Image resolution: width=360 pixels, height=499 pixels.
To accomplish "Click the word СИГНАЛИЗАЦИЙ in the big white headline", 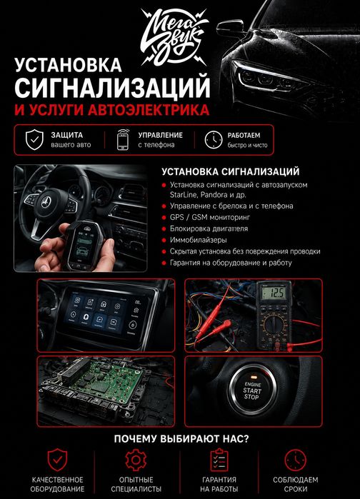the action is click(112, 86).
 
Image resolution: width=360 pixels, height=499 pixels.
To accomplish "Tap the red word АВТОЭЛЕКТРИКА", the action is click(149, 110).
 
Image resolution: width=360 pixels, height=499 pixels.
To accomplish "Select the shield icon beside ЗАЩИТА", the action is click(34, 140).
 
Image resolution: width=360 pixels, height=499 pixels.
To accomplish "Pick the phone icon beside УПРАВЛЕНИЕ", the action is click(123, 139).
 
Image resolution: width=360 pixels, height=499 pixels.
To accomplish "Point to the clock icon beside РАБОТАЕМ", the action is click(214, 140).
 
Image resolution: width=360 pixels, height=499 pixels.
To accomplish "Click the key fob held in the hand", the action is click(83, 246).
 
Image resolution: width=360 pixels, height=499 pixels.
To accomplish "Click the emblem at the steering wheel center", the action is click(46, 202).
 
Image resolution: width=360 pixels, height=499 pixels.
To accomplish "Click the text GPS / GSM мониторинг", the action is click(210, 217).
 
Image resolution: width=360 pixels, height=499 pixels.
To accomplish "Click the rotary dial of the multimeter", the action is click(274, 325).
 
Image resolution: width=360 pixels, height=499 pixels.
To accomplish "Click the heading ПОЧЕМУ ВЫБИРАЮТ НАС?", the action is click(181, 439).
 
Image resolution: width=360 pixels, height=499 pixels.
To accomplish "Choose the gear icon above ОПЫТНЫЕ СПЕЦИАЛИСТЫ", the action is click(136, 460).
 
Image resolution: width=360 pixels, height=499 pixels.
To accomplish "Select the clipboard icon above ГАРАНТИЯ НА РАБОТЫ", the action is click(219, 460).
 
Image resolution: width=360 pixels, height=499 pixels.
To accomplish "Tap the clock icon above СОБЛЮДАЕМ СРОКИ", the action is click(295, 460).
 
